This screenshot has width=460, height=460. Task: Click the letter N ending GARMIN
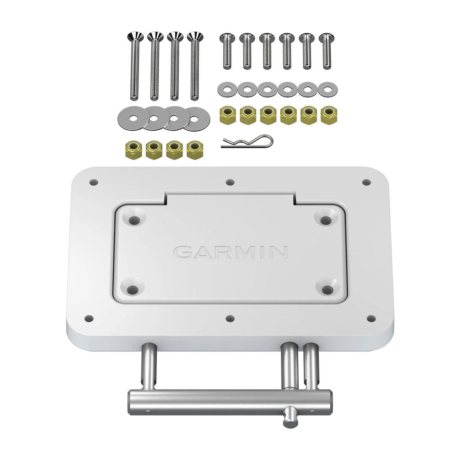pos(278,252)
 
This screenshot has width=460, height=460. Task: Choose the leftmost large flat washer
pos(133,118)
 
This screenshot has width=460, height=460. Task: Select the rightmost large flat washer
pos(195,118)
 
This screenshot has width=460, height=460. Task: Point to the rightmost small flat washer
pos(327,88)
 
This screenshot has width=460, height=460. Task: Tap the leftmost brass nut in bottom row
pos(133,149)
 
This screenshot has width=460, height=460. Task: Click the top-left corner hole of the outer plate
pos(94,182)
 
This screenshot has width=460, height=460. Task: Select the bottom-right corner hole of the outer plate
pos(371,318)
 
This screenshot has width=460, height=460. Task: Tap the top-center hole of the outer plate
pos(230,182)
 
